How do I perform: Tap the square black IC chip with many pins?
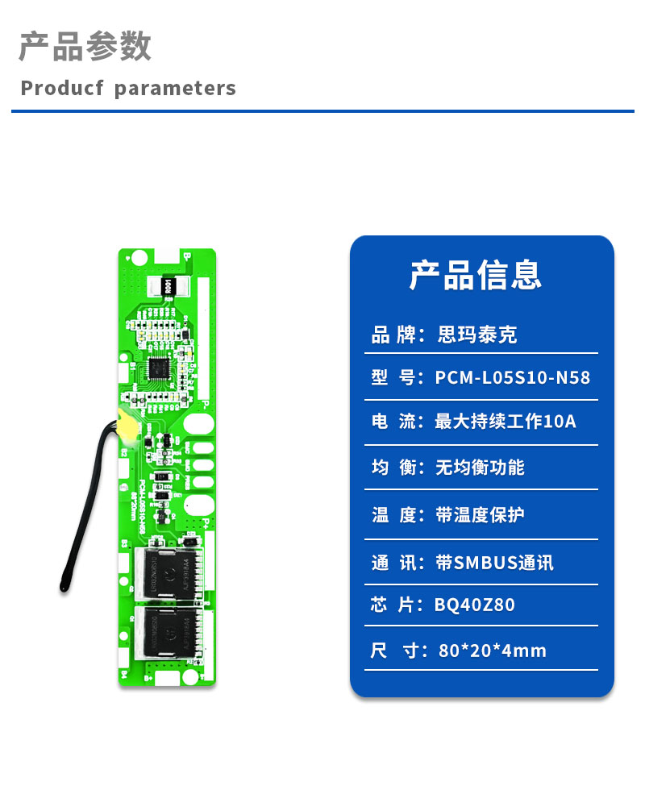[159, 371]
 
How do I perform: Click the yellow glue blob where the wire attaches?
[126, 425]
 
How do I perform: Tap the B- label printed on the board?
[186, 256]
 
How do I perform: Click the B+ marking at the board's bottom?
[149, 678]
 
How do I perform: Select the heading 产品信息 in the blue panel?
[476, 275]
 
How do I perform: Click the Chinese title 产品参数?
[85, 47]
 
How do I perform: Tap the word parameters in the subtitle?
[175, 88]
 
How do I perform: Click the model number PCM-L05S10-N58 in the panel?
[513, 377]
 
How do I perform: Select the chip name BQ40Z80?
[474, 605]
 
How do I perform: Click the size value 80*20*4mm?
[493, 650]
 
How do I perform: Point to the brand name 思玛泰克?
[476, 335]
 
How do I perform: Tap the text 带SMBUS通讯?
[494, 563]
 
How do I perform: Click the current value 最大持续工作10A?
[506, 421]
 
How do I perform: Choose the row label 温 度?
[393, 514]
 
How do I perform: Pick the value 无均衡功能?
[480, 468]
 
